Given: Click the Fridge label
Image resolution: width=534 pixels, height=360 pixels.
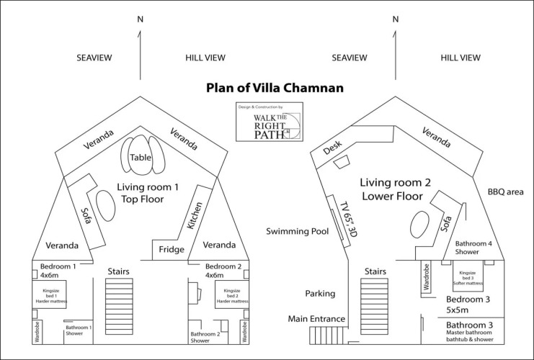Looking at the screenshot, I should pyautogui.click(x=170, y=250).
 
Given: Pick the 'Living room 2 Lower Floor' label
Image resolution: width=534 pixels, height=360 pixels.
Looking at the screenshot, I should pyautogui.click(x=396, y=189).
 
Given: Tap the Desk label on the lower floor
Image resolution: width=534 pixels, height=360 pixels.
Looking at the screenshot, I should pyautogui.click(x=331, y=148).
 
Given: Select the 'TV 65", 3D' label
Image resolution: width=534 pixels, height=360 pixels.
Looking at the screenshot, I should pyautogui.click(x=344, y=218).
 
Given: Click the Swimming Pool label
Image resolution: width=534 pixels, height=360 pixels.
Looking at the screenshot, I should pyautogui.click(x=297, y=232).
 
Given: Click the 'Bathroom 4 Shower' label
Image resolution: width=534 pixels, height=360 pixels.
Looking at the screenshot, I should pyautogui.click(x=479, y=247).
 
